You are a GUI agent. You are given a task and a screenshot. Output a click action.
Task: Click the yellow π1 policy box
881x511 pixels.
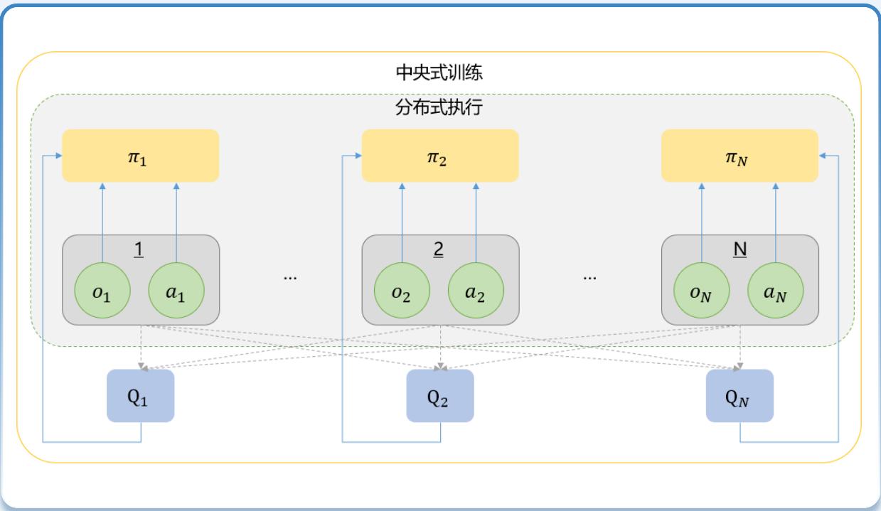pyautogui.click(x=140, y=155)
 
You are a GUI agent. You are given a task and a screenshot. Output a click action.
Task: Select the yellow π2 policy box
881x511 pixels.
pyautogui.click(x=440, y=155)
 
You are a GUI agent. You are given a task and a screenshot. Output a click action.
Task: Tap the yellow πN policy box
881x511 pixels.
pyautogui.click(x=739, y=155)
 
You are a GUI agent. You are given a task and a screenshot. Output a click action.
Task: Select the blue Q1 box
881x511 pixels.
pyautogui.click(x=140, y=396)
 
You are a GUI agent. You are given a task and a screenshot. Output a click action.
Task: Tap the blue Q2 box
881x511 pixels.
pyautogui.click(x=440, y=396)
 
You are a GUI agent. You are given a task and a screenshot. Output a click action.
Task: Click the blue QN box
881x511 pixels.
pyautogui.click(x=739, y=396)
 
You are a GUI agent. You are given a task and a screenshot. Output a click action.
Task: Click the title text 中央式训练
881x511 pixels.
pyautogui.click(x=439, y=72)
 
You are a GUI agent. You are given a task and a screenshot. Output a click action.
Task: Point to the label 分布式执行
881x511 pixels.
pyautogui.click(x=439, y=109)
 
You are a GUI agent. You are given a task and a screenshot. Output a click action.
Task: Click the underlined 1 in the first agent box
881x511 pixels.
pyautogui.click(x=140, y=251)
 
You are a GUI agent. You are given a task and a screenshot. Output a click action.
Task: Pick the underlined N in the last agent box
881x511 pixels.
pyautogui.click(x=739, y=251)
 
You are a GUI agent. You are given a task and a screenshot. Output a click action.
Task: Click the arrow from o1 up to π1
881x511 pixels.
pyautogui.click(x=103, y=220)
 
